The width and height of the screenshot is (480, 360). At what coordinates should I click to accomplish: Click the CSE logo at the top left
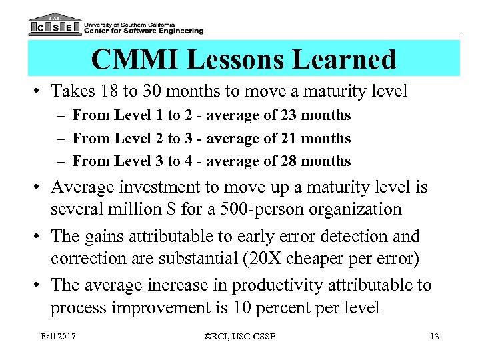[55, 25]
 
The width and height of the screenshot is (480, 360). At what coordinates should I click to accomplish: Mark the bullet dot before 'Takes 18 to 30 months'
[35, 91]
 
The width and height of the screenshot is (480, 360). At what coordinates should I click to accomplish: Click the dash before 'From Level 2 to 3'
[60, 139]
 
